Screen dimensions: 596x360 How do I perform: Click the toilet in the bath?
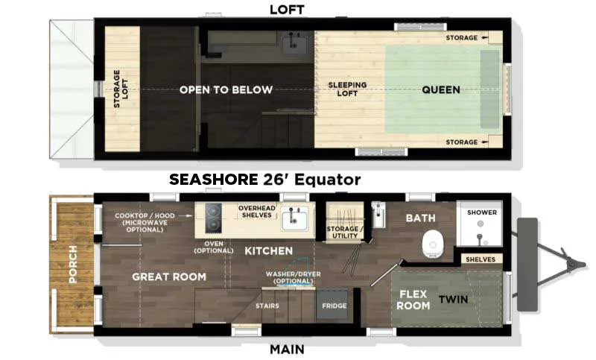pyautogui.click(x=433, y=244)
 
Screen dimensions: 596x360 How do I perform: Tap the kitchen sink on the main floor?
pyautogui.click(x=294, y=220)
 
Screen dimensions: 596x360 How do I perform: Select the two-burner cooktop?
pyautogui.click(x=213, y=218)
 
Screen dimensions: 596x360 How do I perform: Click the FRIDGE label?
pyautogui.click(x=335, y=306)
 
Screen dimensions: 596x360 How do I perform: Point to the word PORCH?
pyautogui.click(x=73, y=264)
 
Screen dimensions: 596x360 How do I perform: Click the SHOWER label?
pyautogui.click(x=482, y=212)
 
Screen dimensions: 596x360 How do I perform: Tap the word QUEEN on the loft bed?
pyautogui.click(x=441, y=89)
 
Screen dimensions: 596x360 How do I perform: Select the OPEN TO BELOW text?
pyautogui.click(x=226, y=89)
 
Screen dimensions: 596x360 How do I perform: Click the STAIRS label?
pyautogui.click(x=267, y=306)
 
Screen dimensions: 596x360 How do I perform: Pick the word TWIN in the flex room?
pyautogui.click(x=454, y=299)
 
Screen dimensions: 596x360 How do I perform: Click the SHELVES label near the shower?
pyautogui.click(x=481, y=259)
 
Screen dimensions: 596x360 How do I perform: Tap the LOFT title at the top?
pyautogui.click(x=287, y=10)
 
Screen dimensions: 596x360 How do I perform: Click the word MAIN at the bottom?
pyautogui.click(x=287, y=350)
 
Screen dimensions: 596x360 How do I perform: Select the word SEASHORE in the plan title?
pyautogui.click(x=214, y=180)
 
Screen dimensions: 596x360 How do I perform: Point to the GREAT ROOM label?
pyautogui.click(x=169, y=277)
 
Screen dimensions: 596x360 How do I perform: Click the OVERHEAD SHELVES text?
pyautogui.click(x=257, y=212)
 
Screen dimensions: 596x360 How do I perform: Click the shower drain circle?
pyautogui.click(x=481, y=224)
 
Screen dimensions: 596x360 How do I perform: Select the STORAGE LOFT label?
pyautogui.click(x=121, y=89)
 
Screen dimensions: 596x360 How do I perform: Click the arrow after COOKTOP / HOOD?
pyautogui.click(x=185, y=215)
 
